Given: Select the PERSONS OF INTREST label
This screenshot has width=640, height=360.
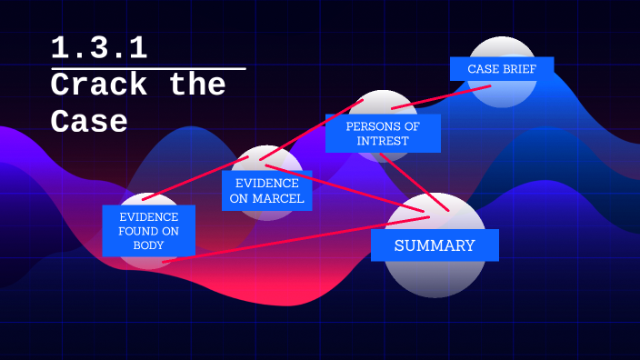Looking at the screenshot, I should [x=383, y=133].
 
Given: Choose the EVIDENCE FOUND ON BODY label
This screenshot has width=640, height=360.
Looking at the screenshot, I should [x=148, y=231].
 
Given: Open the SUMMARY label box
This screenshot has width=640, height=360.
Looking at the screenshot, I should [x=435, y=245].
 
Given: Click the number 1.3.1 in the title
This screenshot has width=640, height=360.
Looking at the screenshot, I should [x=99, y=48].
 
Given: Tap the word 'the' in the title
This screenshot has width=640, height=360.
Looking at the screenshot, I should [x=197, y=85].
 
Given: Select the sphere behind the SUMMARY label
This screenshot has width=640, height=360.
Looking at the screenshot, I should [x=435, y=277].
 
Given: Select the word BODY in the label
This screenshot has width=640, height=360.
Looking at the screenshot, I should [x=148, y=245].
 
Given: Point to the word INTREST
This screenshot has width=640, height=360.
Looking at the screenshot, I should [x=383, y=141].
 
